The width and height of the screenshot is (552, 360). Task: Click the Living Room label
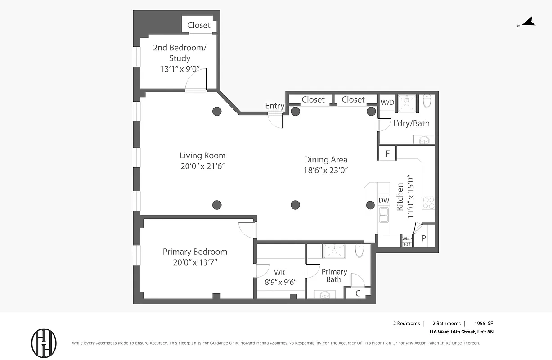coord(202,156)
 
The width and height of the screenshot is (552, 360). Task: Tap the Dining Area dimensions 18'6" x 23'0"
coord(326,170)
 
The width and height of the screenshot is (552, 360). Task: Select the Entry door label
coord(274,106)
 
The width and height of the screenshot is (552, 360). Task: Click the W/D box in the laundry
coord(387,102)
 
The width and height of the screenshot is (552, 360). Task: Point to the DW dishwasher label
coord(384,200)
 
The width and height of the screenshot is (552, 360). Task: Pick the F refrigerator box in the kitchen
coord(387,153)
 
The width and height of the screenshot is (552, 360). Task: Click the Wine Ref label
coord(407,242)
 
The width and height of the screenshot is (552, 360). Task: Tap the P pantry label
coord(423,239)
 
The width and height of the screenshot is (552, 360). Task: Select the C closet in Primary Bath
coord(358,293)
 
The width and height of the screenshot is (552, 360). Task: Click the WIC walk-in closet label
coord(281,273)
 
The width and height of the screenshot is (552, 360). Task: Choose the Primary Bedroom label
coord(195,252)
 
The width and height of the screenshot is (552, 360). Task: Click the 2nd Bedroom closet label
coord(199,25)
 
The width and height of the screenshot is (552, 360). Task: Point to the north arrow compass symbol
coord(528,22)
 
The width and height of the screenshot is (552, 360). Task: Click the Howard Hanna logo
coord(44,343)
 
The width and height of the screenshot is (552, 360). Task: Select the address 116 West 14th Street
coord(461,332)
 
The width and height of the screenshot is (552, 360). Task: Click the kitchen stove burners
coord(428,203)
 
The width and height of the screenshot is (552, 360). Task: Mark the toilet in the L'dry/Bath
coord(427,102)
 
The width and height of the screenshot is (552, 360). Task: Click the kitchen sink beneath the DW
coord(384,215)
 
